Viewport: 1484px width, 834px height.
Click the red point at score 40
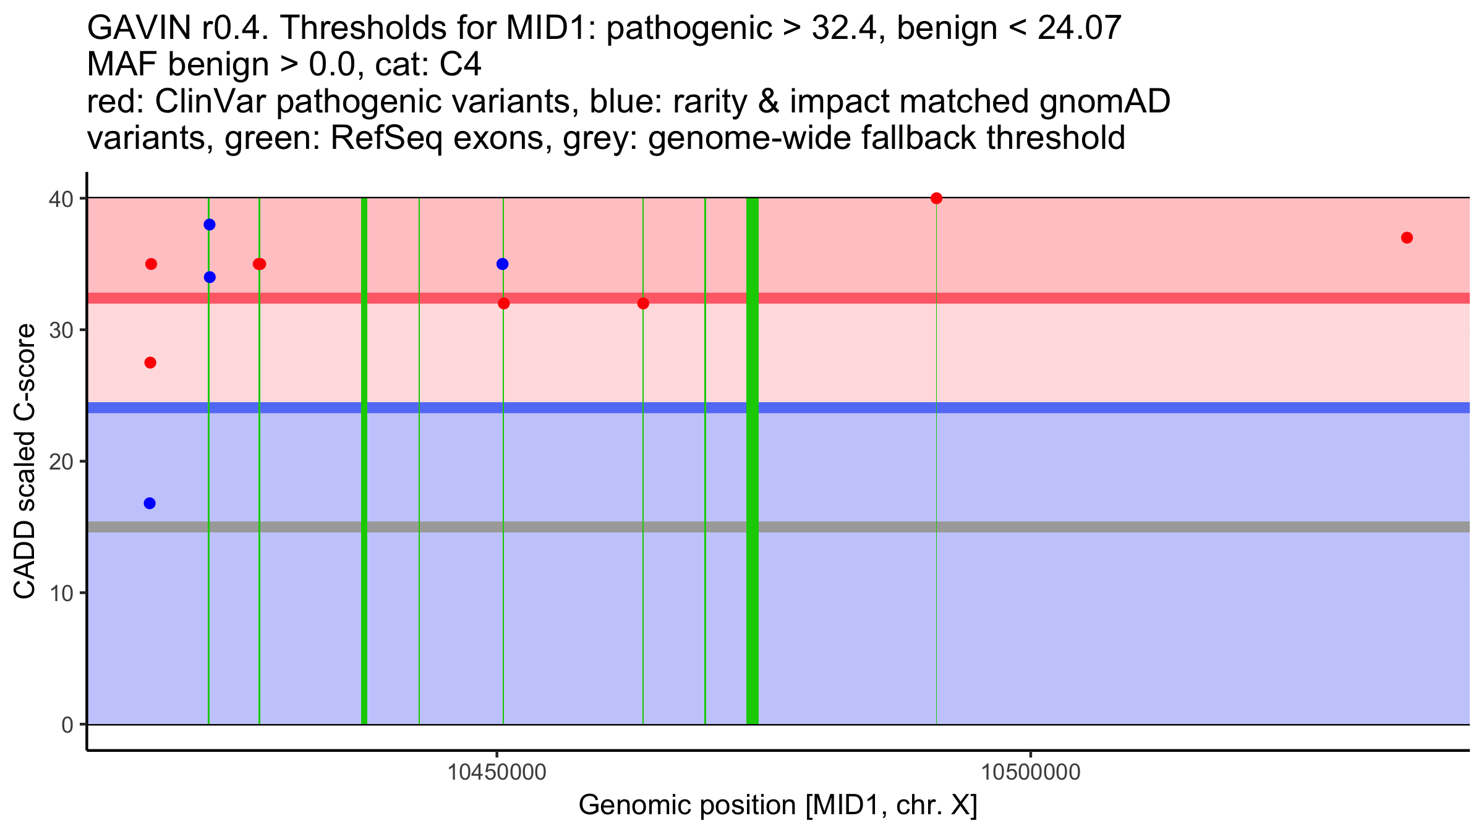coord(936,198)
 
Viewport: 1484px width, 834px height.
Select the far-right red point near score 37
coord(1407,238)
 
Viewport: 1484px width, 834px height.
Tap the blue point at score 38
coord(210,224)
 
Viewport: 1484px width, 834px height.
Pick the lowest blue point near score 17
coord(150,503)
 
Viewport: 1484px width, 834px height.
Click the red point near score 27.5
coord(150,363)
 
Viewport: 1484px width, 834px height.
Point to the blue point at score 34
coord(210,277)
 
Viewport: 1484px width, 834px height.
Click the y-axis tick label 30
coord(61,330)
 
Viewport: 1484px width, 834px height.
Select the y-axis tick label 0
coord(67,725)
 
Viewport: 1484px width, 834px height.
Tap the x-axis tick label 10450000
coord(497,772)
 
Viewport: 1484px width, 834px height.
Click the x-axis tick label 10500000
coord(1031,772)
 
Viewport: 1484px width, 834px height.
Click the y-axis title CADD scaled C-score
coord(25,461)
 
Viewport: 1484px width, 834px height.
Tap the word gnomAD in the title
coord(1104,101)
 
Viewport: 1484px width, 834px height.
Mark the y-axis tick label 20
coord(61,461)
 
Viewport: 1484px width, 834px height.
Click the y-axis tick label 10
coord(61,593)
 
